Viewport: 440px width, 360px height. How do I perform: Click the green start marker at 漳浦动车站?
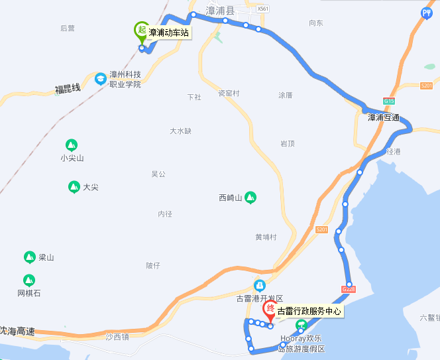click(141, 30)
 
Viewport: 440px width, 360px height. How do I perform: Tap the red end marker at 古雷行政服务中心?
click(270, 310)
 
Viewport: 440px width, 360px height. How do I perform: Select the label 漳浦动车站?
click(169, 31)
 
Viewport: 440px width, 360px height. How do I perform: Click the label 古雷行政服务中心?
click(309, 310)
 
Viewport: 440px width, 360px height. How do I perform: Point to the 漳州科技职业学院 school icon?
click(101, 79)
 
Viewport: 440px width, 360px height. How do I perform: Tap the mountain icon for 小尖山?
click(72, 145)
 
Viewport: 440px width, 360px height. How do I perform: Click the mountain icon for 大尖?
click(74, 187)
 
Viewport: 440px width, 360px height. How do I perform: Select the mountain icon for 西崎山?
click(250, 197)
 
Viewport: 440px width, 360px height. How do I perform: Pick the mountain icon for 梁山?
click(29, 257)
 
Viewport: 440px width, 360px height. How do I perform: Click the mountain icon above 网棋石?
click(29, 280)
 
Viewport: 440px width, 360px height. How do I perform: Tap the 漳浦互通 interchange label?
click(384, 117)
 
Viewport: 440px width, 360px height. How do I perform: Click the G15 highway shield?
click(388, 101)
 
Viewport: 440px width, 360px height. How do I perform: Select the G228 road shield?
click(349, 288)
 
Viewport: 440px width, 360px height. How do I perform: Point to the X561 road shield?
click(264, 9)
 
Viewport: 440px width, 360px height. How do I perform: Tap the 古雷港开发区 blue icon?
click(260, 286)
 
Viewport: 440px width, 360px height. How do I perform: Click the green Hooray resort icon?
click(301, 325)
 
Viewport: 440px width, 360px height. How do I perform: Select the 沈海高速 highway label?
click(17, 330)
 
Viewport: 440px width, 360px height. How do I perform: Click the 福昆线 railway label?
click(68, 88)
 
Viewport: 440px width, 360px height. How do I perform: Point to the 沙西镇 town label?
click(117, 337)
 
